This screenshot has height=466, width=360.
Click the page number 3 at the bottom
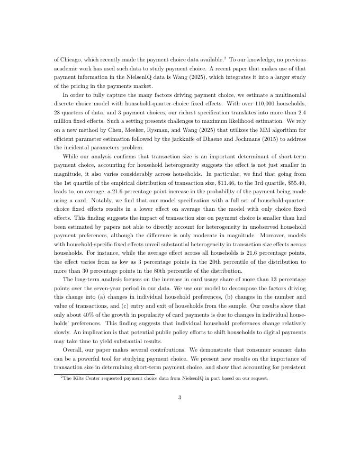click(180, 398)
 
